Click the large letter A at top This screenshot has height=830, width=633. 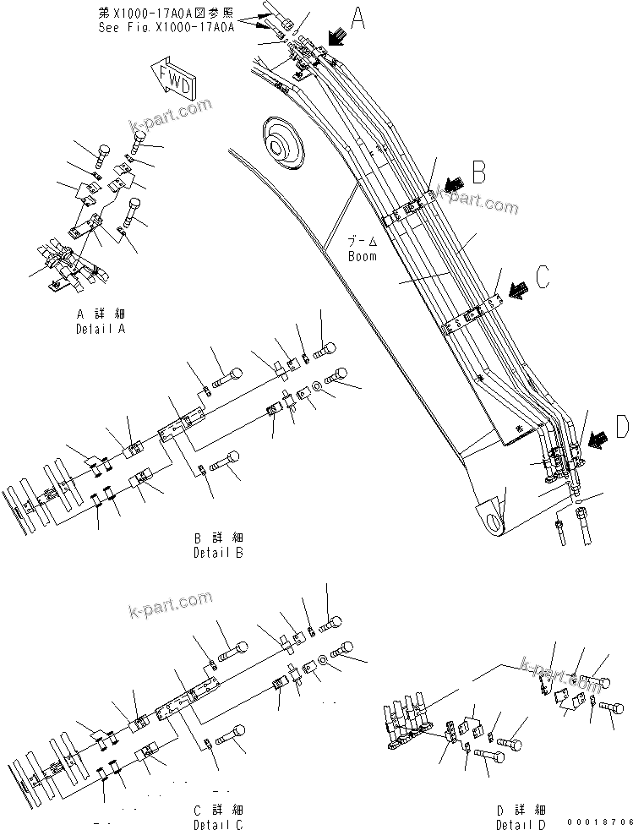pos(358,19)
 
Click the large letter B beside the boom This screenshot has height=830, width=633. pos(479,172)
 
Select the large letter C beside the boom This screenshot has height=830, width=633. pos(543,276)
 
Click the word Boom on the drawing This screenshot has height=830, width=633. pos(362,255)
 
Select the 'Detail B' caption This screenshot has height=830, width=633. pos(217,553)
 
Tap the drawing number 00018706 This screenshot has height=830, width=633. pos(600,821)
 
